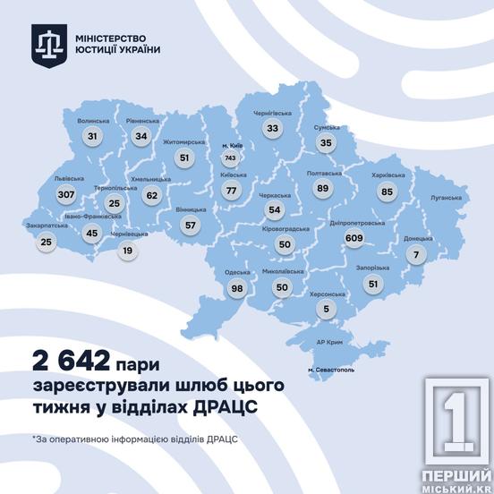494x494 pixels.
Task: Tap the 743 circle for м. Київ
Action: tap(230, 158)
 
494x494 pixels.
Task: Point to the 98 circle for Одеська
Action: tap(236, 288)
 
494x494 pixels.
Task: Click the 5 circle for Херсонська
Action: tap(326, 311)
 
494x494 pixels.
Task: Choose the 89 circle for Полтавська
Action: tap(323, 188)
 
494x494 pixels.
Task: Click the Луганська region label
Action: tap(445, 197)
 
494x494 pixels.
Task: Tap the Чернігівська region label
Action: tap(273, 114)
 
